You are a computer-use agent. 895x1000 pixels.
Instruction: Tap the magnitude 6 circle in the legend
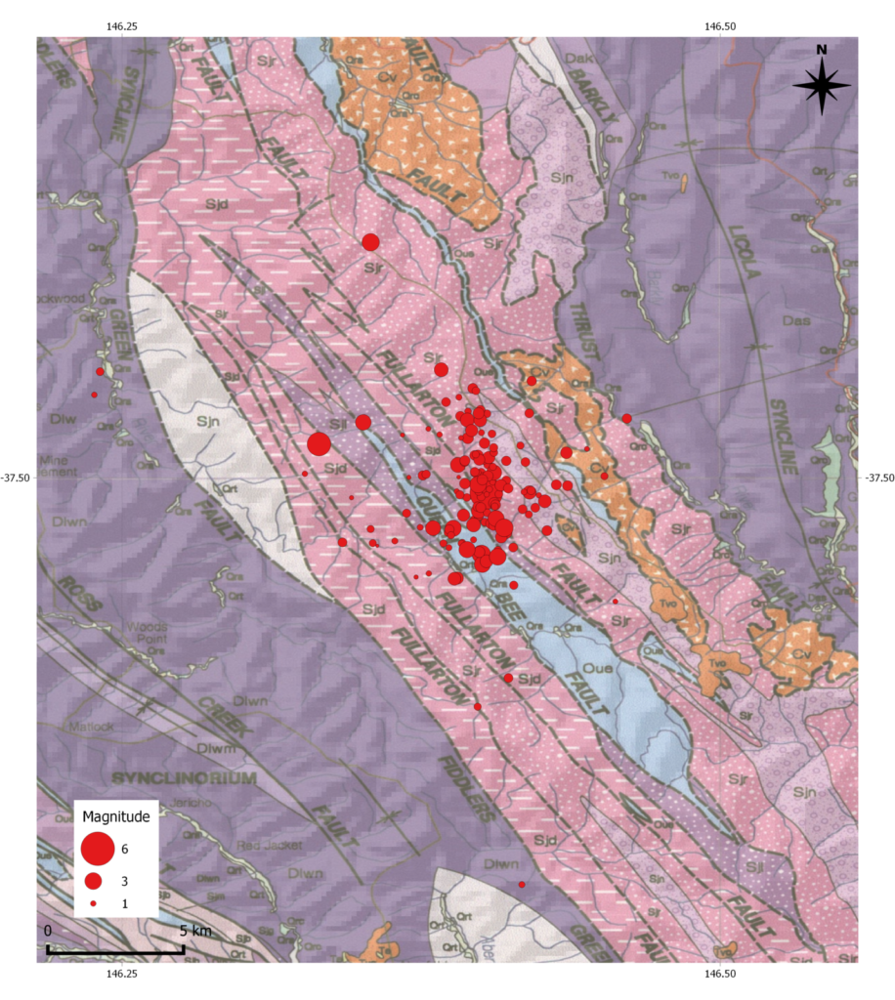click(98, 849)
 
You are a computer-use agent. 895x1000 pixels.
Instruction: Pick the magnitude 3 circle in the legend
click(94, 881)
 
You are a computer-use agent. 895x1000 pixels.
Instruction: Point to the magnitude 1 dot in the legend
click(93, 905)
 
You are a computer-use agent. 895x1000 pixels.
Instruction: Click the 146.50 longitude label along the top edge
click(719, 26)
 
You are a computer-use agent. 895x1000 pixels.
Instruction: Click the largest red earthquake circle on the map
click(319, 444)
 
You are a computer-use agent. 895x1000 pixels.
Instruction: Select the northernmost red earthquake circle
click(370, 242)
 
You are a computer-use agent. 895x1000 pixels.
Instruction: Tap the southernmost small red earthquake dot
click(522, 884)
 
